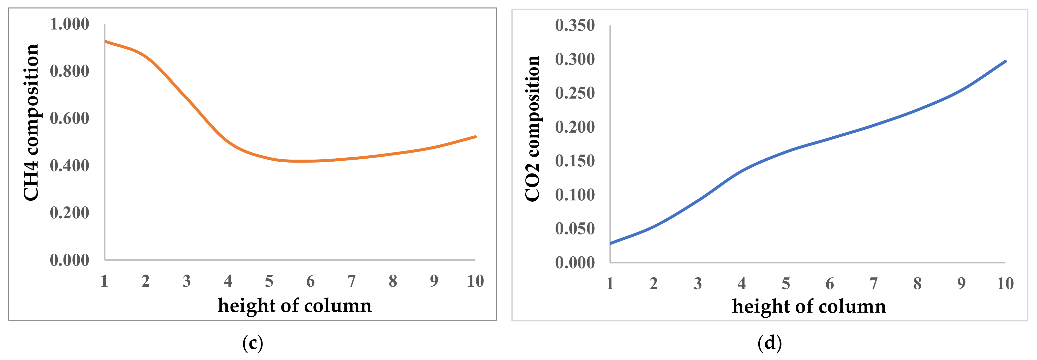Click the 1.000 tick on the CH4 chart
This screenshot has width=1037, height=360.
(x=69, y=24)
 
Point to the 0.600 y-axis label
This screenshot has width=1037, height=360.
(x=69, y=118)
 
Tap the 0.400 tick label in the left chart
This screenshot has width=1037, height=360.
(x=69, y=165)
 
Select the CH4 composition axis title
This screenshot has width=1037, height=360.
(x=31, y=123)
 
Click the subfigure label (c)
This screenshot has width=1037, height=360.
(x=253, y=343)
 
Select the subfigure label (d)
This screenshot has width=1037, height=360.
(x=769, y=343)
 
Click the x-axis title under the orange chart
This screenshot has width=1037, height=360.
(x=294, y=306)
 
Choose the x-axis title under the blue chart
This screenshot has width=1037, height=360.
(x=809, y=307)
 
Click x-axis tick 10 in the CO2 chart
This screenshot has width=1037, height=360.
(x=1005, y=284)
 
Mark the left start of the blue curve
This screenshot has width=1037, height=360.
(x=611, y=243)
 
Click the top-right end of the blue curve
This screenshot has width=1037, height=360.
(x=1005, y=61)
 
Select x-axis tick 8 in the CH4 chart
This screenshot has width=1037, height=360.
(x=393, y=281)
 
